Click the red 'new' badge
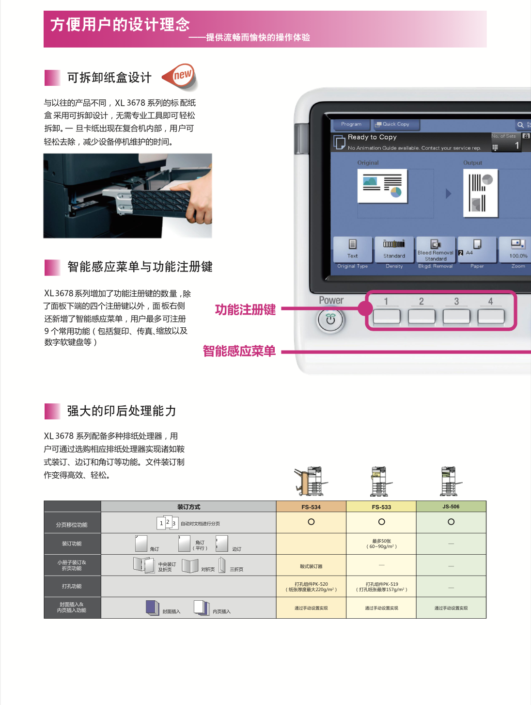(x=180, y=77)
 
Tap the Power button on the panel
(x=330, y=320)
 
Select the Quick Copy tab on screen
(x=395, y=124)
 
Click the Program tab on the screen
(x=351, y=124)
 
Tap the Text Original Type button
(x=353, y=250)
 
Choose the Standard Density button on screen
(x=394, y=250)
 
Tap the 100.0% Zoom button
(x=518, y=250)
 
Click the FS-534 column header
(x=311, y=507)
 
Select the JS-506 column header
(x=451, y=507)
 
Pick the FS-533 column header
(x=381, y=507)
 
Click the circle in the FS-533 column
(x=381, y=522)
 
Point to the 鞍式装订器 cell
(x=311, y=566)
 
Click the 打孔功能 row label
(x=72, y=586)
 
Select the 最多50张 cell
(x=381, y=544)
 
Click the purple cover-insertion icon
(x=153, y=608)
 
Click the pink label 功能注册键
(x=246, y=309)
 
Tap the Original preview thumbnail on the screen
(x=382, y=186)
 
